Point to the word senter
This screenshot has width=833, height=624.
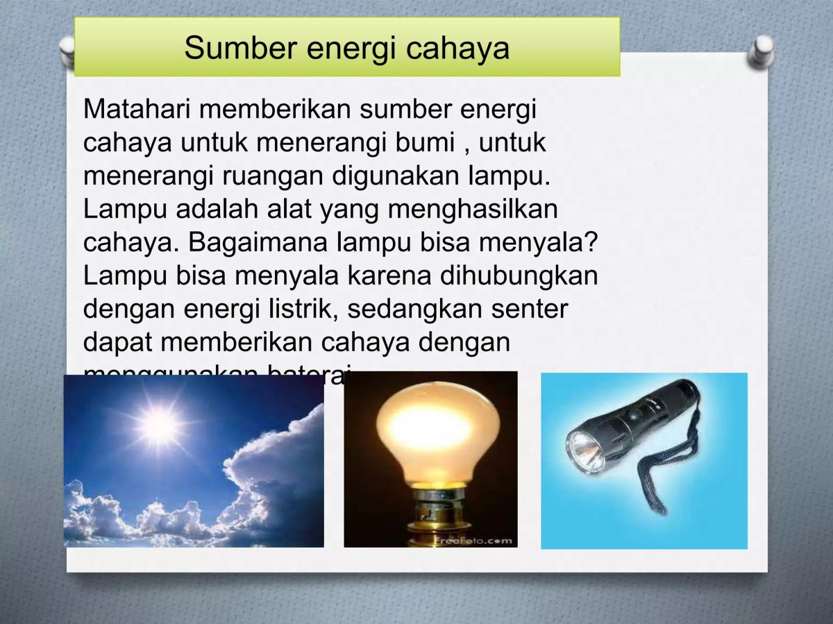pos(530,308)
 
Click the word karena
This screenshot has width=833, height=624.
pos(389,275)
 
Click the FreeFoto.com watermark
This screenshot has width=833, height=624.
pos(473,539)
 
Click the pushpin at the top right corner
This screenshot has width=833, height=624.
pos(764,52)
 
